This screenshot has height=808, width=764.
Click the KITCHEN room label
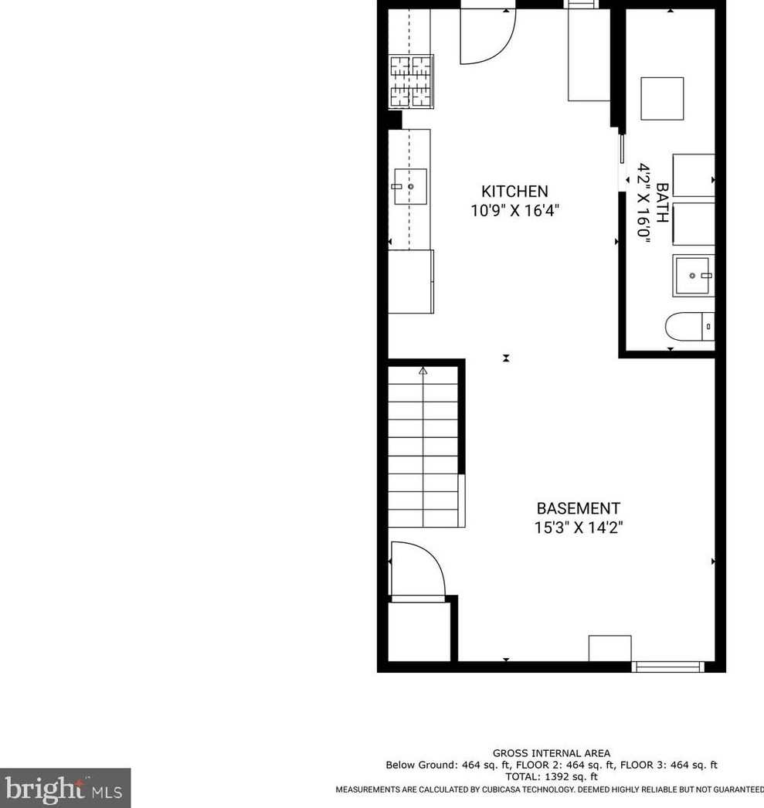point(514,192)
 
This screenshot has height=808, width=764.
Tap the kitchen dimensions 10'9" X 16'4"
point(514,210)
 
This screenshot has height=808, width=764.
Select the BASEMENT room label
point(578,508)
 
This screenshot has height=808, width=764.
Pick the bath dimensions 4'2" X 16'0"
point(643,202)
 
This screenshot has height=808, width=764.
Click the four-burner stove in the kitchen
point(411,80)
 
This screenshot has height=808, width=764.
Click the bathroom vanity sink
point(694,276)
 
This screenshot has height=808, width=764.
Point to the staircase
point(425,448)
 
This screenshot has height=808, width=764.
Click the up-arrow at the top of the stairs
point(423,372)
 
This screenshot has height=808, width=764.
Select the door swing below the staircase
point(417,570)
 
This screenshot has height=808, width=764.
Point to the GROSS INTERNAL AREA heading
point(551,753)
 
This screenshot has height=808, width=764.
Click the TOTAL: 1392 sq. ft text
point(551,776)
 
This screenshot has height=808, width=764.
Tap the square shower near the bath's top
point(662,98)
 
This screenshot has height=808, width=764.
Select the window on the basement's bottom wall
point(667,665)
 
